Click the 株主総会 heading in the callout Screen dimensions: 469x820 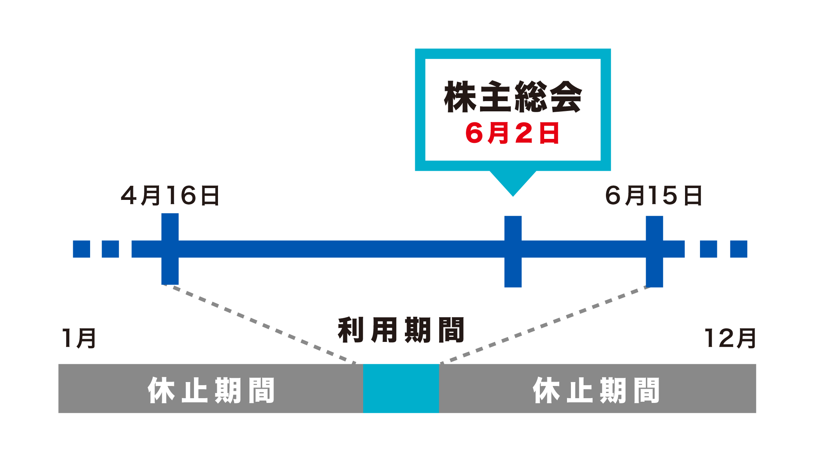point(513,97)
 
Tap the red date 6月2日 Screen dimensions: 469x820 point(512,133)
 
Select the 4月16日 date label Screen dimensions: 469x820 point(170,196)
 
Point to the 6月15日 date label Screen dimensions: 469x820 point(654,196)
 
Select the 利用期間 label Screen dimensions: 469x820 point(401,330)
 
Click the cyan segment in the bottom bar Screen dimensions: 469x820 point(401,388)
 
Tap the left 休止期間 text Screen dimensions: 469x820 point(211,390)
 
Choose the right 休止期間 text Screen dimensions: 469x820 point(596,390)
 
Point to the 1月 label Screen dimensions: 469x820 point(79,338)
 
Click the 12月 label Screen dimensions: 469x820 point(730,338)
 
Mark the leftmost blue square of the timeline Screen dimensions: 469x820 point(81,249)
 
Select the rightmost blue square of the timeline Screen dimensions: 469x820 point(739,249)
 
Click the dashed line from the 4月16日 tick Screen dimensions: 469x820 point(260,324)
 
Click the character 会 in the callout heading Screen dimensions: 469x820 point(565,97)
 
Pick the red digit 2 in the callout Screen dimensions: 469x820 point(524,133)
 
